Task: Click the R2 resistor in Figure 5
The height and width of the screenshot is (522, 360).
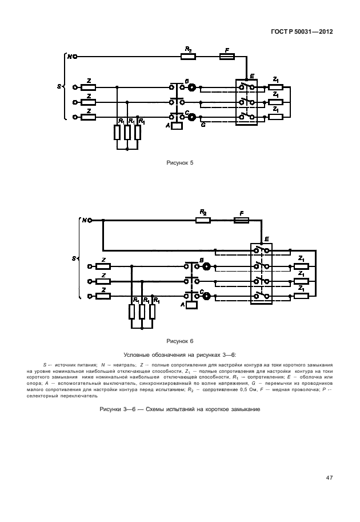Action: click(188, 57)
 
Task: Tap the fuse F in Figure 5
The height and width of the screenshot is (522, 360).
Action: click(227, 57)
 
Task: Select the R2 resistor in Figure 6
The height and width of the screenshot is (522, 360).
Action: click(203, 220)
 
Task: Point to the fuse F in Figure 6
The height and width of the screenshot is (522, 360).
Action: click(241, 220)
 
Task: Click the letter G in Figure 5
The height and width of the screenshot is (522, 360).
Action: click(203, 125)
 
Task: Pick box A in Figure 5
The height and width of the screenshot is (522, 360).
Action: click(177, 125)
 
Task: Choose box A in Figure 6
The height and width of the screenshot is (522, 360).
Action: click(191, 305)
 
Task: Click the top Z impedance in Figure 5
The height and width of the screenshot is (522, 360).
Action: click(89, 87)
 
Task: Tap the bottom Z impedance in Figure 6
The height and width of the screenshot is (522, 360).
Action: click(104, 296)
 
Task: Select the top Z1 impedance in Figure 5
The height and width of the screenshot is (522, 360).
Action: click(275, 87)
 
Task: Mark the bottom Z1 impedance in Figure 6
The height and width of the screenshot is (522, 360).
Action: click(301, 296)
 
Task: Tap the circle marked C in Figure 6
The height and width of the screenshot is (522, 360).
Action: click(207, 296)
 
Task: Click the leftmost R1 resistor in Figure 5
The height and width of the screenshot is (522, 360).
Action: click(117, 132)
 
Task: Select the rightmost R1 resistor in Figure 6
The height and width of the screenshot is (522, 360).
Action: click(153, 312)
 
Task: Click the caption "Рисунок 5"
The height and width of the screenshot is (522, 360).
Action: click(179, 163)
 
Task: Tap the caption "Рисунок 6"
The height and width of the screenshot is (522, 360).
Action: click(179, 341)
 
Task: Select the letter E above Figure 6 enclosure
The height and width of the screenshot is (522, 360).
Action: click(266, 239)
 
